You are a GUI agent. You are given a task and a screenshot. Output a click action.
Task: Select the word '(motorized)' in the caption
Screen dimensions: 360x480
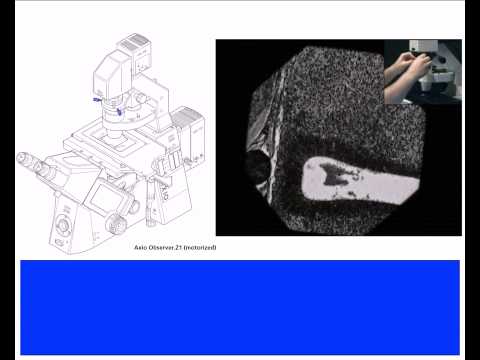click(x=200, y=247)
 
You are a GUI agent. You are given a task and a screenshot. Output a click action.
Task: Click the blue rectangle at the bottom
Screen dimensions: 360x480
click(x=240, y=306)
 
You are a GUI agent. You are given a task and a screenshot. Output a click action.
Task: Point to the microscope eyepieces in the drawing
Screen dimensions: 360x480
click(x=35, y=165)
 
